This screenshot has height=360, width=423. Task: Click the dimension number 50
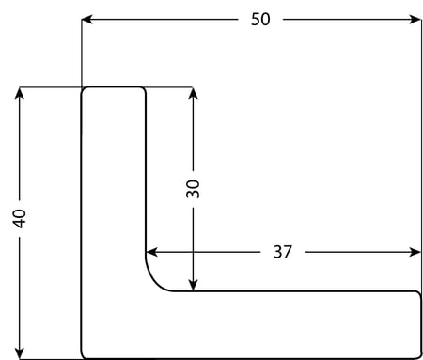point(260,19)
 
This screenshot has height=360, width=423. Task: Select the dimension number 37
point(282,252)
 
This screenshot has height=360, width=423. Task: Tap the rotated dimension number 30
point(193,189)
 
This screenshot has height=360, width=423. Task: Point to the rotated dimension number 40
point(20,218)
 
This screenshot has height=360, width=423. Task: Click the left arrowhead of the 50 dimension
point(86,20)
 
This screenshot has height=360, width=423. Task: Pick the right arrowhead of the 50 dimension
point(415,20)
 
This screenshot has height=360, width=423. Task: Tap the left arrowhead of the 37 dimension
point(151,252)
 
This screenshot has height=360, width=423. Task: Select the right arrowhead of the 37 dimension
point(415,252)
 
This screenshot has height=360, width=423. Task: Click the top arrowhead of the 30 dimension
point(193,93)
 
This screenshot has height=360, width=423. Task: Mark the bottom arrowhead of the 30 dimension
point(193,285)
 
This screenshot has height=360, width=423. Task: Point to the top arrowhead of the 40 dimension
point(20,93)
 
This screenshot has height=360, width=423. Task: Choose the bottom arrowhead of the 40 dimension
point(20,353)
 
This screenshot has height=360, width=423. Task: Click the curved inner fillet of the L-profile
point(154,282)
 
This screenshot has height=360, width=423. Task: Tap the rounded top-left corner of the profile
point(84,89)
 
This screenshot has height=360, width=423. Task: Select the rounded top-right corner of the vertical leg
point(143,89)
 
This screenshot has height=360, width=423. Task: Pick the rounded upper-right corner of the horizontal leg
point(418,293)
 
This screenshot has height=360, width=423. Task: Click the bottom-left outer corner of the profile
point(83,356)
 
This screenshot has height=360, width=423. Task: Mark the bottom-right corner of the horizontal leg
point(419,356)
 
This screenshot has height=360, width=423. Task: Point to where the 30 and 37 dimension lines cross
point(193,252)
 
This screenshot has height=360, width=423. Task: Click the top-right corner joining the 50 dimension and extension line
point(421,20)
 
